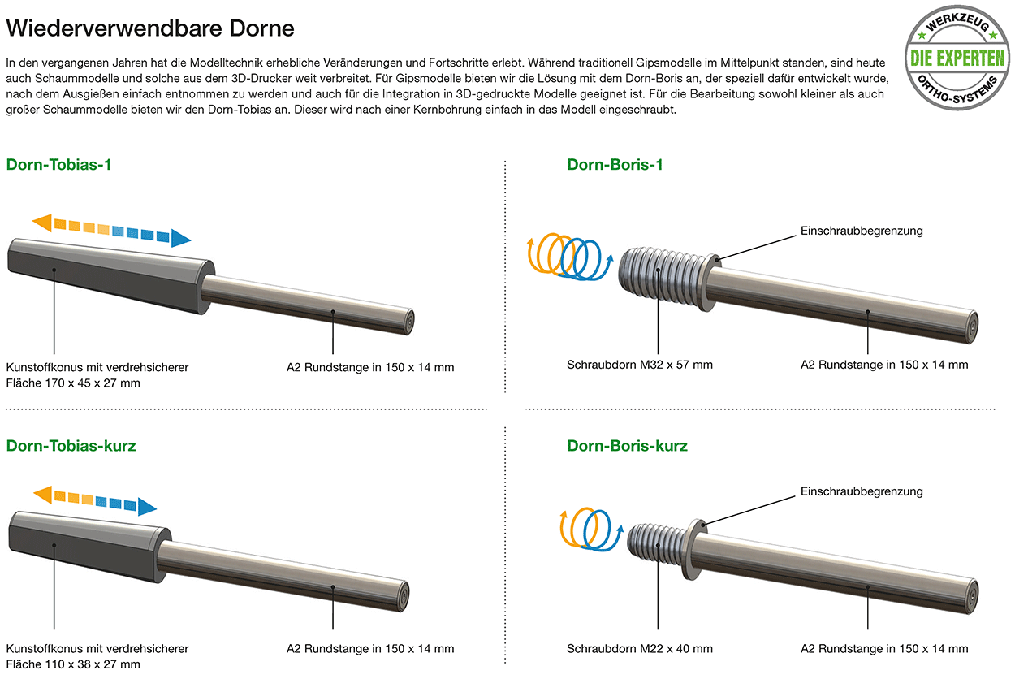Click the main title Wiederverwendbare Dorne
pos(150,28)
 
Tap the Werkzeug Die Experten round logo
pos(957,58)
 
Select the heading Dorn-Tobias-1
pos(58,165)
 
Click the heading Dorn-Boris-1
pos(615,165)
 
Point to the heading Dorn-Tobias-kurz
pos(71,446)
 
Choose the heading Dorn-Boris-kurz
pos(627,446)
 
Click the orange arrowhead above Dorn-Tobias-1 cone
pos(42,223)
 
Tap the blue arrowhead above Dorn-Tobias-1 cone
pos(181,239)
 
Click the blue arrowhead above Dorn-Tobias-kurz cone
pos(147,506)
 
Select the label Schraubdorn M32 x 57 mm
pos(639,365)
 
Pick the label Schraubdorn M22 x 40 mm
pos(639,649)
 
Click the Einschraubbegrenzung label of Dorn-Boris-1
pos(862,231)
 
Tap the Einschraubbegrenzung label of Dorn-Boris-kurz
pos(862,491)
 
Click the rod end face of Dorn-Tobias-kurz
pos(403,595)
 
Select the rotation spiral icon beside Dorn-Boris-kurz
pos(591,529)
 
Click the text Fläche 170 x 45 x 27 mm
pos(73,383)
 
